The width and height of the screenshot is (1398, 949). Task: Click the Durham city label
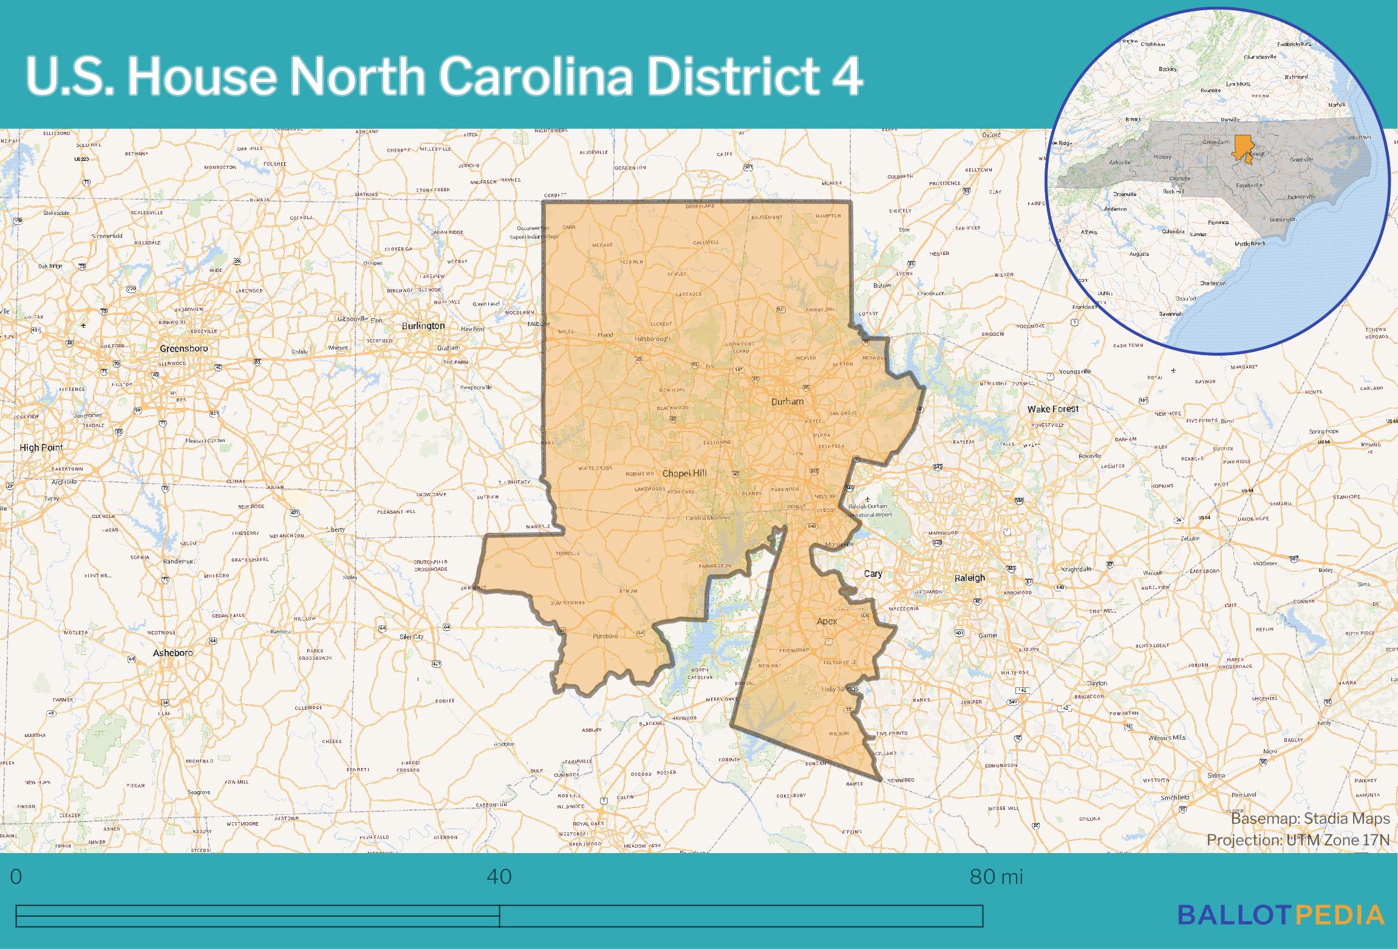(787, 401)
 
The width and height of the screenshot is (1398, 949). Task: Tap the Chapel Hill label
(684, 474)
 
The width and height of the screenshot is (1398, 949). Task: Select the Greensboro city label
(183, 349)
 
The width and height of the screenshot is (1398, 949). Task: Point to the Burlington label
(423, 326)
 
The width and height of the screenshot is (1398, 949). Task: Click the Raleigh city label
(969, 578)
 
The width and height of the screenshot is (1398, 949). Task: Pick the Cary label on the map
(873, 574)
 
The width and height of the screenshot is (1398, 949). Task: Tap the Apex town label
(827, 621)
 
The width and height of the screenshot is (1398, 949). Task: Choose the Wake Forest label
(1053, 409)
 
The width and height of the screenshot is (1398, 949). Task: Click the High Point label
(41, 447)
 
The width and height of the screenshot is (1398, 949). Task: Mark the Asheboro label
(173, 653)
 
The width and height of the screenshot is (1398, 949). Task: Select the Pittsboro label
(605, 636)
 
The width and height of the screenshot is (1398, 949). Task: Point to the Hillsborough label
(652, 339)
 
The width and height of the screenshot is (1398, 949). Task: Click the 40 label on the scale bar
(499, 877)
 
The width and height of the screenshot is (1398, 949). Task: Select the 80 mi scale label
(996, 877)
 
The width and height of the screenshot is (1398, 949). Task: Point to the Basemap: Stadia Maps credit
(1310, 819)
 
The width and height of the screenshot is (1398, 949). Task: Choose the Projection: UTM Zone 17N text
(1298, 840)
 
